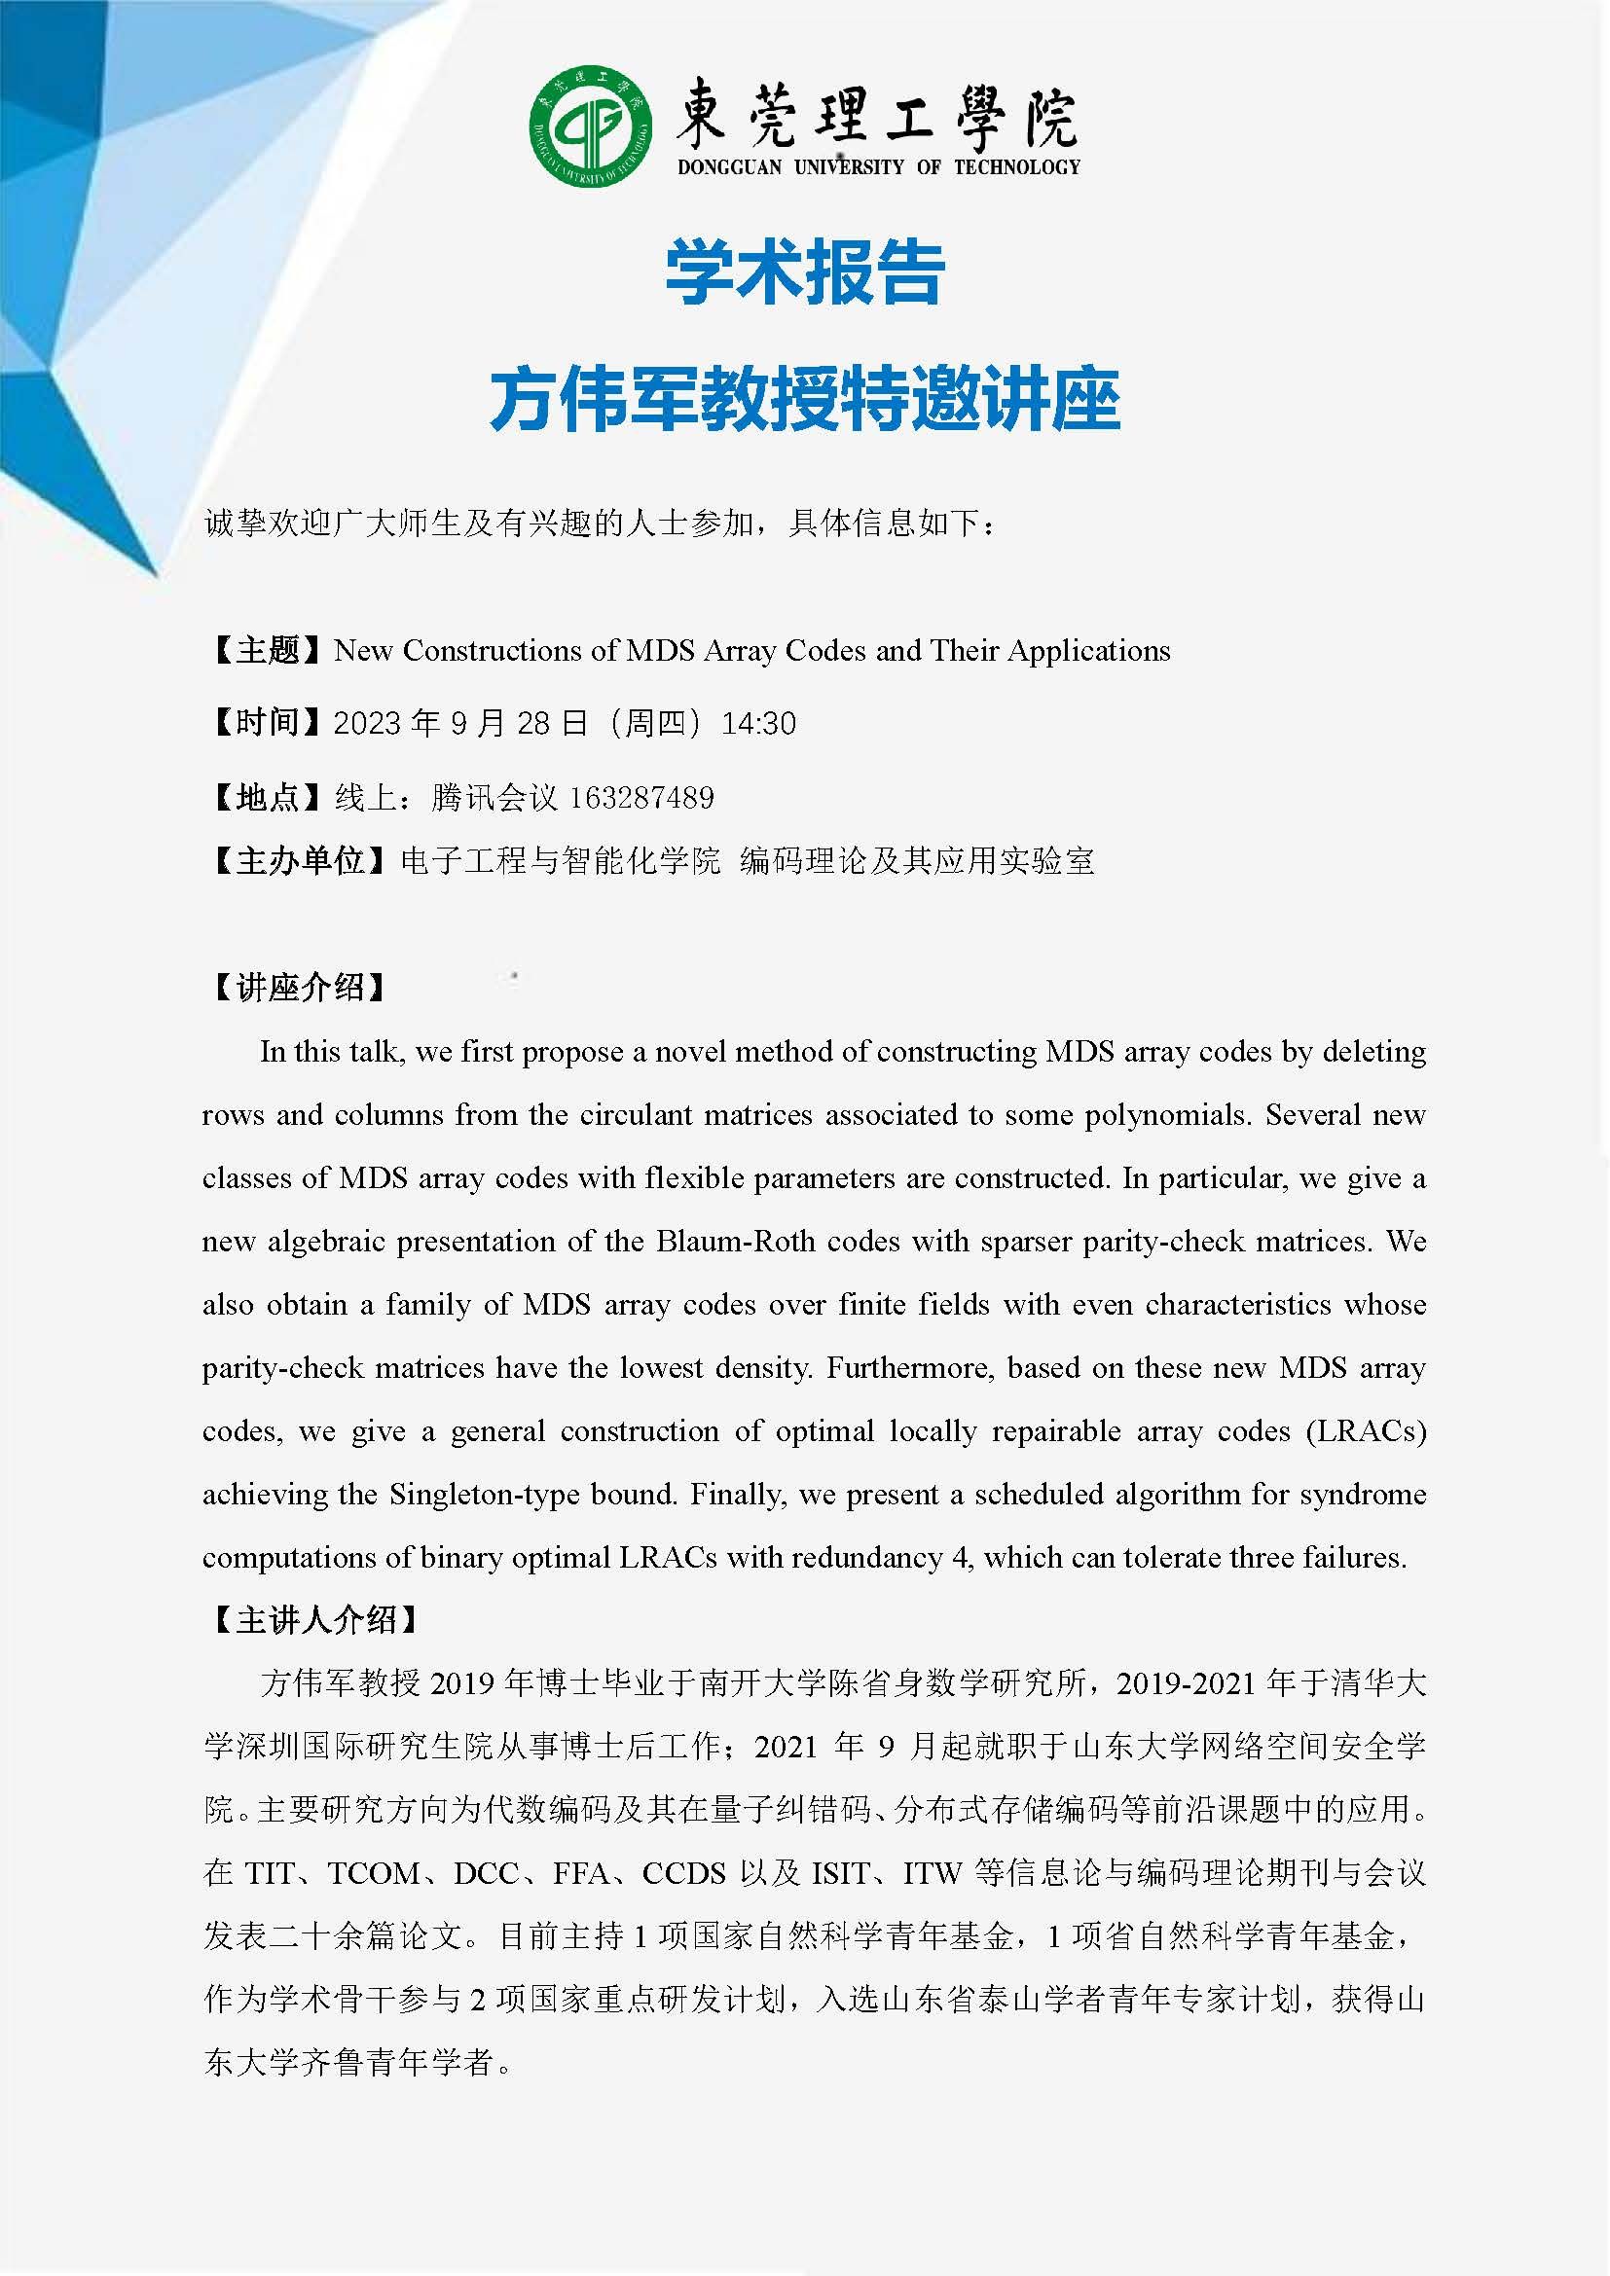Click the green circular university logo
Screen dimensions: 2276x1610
pos(590,126)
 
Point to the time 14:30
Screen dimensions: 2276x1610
pos(758,724)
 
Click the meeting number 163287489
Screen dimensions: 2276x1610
pos(641,797)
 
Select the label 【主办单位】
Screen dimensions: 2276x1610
pos(299,860)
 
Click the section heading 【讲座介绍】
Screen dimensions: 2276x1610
pos(299,988)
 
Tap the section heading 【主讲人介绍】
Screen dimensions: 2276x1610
pos(314,1620)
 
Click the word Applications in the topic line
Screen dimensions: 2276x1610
pos(1088,650)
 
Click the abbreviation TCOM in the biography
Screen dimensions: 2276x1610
pos(374,1873)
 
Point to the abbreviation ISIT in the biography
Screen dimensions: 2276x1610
pos(841,1873)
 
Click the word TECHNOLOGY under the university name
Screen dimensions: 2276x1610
pos(1017,167)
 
